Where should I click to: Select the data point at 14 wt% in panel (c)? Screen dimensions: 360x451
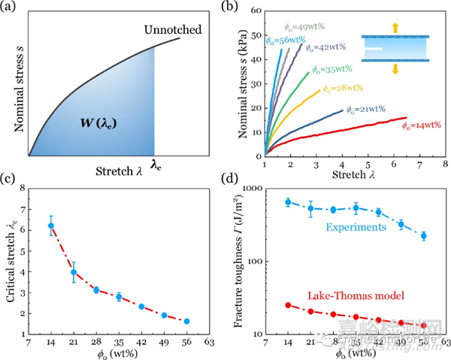click(x=51, y=225)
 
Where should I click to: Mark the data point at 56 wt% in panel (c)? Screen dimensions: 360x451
click(x=187, y=321)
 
